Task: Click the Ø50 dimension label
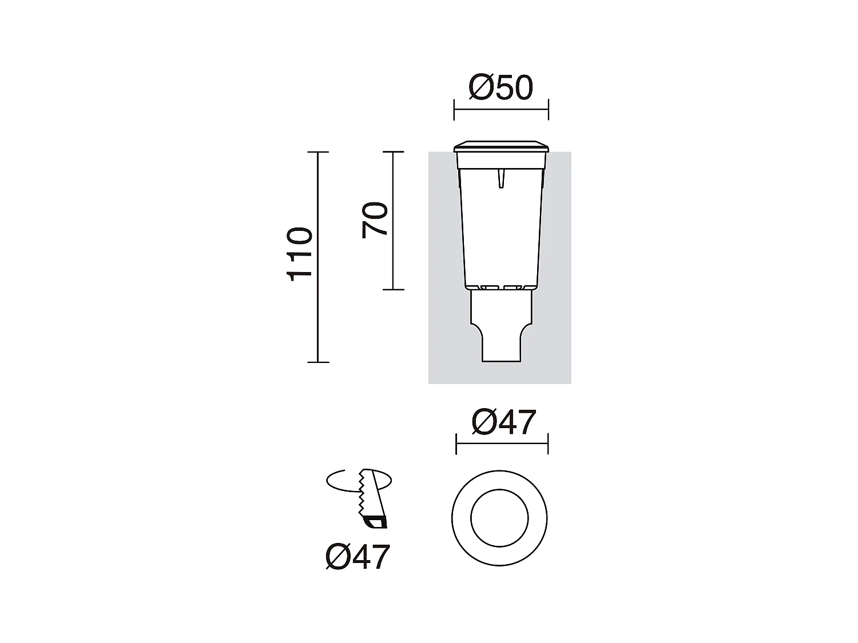pos(500,88)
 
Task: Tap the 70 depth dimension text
pos(375,219)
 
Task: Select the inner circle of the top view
pos(500,519)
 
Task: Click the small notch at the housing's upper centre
pos(501,178)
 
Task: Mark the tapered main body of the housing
pos(501,229)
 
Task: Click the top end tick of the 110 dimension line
pos(318,152)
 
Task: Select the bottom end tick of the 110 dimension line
pos(318,362)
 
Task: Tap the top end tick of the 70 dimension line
pos(393,152)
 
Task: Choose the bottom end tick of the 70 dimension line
pos(393,290)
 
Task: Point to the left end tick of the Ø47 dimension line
pos(456,444)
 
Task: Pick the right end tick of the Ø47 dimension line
pos(548,444)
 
